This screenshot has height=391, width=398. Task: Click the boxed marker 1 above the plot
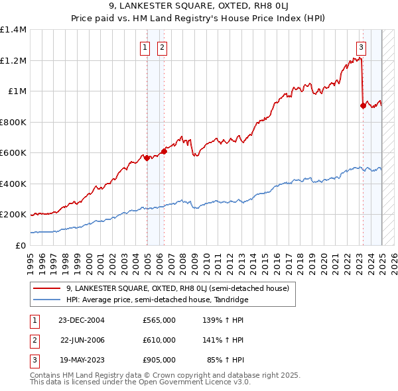145,47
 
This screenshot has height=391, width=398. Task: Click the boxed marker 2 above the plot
162,47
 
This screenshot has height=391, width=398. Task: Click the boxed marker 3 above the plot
361,47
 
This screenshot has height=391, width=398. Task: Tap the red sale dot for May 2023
363,105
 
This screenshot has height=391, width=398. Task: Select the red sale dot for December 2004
147,158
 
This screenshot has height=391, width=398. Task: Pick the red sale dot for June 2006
165,151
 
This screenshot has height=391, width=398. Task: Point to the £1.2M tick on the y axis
13,61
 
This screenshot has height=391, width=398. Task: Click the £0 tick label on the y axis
21,246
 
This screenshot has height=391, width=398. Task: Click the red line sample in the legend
47,289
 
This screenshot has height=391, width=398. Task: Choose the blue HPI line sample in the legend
47,300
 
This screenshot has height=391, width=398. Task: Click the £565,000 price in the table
159,320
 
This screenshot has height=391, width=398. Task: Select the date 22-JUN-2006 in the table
82,340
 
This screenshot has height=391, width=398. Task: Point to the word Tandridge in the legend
230,300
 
